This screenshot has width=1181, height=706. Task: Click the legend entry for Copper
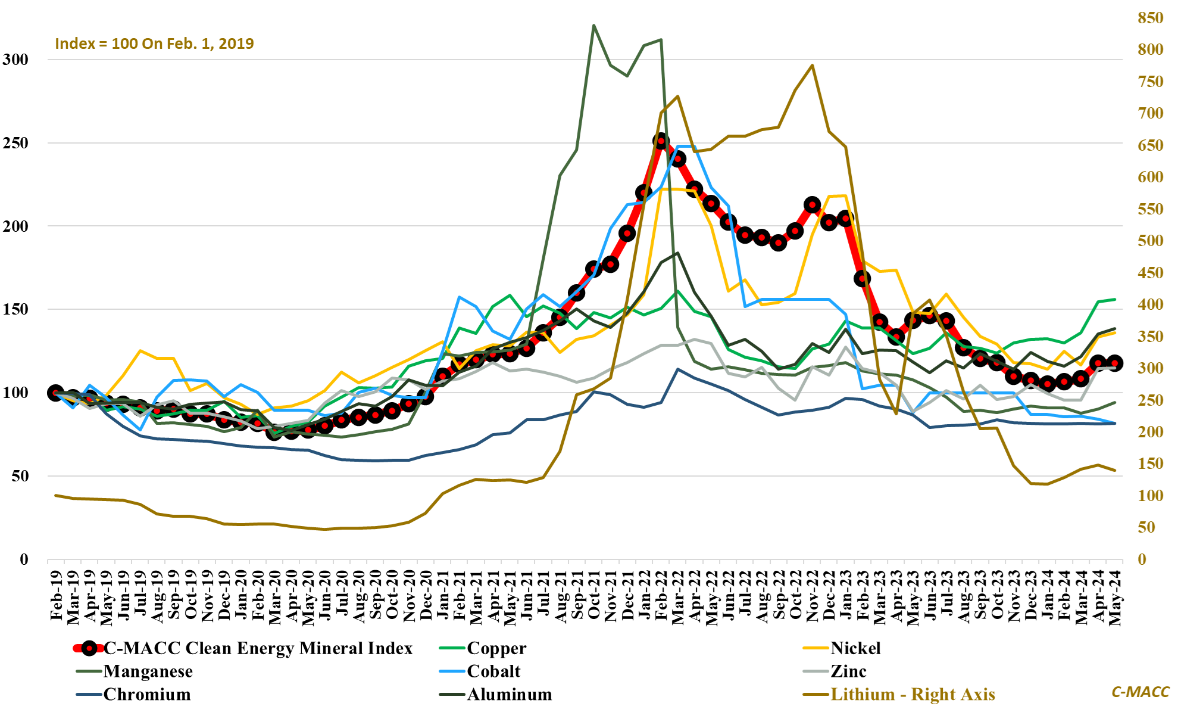[x=496, y=648]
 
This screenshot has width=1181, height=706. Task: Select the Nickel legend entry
[x=855, y=648]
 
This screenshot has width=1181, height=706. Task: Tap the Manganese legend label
[x=148, y=671]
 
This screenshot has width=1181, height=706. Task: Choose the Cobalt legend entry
[x=493, y=671]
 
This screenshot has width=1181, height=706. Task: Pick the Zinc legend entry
[x=848, y=671]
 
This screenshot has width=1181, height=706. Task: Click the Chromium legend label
[x=147, y=695]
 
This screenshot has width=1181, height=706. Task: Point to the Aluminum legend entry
[x=510, y=695]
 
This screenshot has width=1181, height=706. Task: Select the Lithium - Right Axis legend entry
[x=913, y=695]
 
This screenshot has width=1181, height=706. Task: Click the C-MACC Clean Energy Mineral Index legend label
[x=258, y=648]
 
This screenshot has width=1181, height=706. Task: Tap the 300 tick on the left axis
[x=15, y=60]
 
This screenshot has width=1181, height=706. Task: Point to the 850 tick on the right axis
[x=1150, y=18]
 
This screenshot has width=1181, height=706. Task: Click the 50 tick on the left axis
[x=20, y=476]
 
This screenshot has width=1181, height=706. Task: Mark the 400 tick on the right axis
[x=1150, y=304]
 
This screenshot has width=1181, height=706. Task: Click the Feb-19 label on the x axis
[x=56, y=595]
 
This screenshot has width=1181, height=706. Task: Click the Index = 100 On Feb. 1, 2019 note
[x=154, y=43]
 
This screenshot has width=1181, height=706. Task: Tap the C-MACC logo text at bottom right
[x=1140, y=692]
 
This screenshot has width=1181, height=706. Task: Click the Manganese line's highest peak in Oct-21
[x=593, y=25]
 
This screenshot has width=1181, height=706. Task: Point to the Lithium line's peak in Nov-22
[x=813, y=66]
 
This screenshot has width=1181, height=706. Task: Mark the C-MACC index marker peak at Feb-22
[x=660, y=141]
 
